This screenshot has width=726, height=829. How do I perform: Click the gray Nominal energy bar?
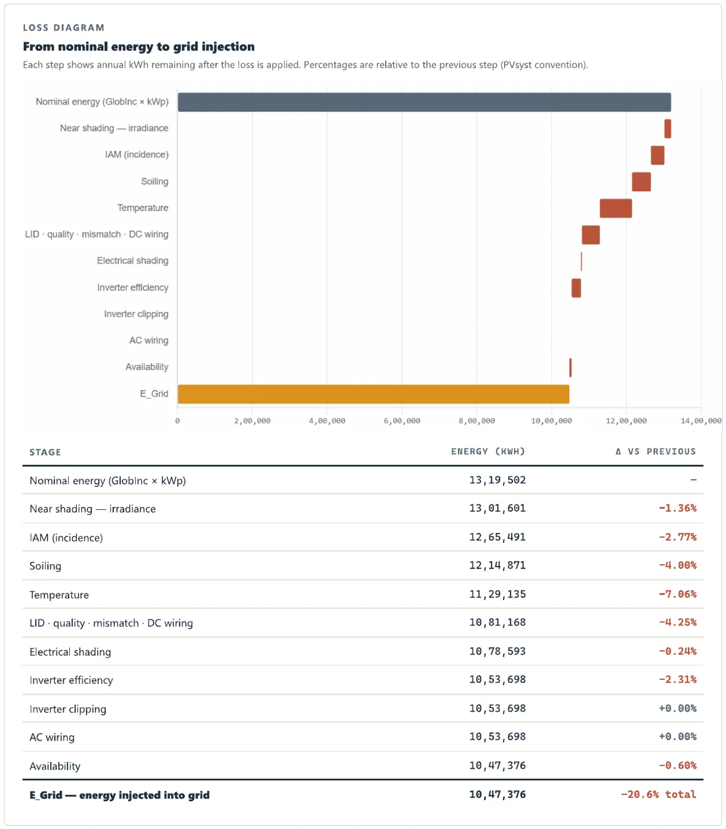(424, 102)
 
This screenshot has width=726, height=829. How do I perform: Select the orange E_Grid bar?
(373, 394)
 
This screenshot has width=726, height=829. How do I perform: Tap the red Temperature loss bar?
(615, 208)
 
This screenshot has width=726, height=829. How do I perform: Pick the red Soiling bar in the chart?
(641, 182)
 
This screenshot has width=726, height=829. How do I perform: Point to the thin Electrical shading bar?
(581, 262)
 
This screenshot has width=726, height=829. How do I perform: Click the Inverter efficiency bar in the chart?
(576, 288)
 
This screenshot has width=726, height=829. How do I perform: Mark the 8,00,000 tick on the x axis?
(476, 420)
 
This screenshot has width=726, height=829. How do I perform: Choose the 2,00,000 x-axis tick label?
(252, 420)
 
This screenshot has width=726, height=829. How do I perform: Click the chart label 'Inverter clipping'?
(136, 314)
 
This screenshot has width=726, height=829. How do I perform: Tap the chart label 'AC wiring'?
(149, 340)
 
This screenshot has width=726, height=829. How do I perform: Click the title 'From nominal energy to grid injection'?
(138, 47)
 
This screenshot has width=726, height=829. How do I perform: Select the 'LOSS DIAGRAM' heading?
(64, 28)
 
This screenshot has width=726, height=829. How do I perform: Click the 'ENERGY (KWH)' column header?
(488, 451)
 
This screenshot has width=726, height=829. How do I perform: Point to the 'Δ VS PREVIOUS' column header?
(656, 451)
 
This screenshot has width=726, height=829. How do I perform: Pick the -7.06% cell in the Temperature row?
(677, 594)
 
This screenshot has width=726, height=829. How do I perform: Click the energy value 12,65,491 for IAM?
(498, 537)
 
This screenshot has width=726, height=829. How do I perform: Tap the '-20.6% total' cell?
(659, 794)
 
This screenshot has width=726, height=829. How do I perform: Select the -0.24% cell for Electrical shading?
(677, 651)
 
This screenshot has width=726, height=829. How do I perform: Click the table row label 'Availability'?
(55, 766)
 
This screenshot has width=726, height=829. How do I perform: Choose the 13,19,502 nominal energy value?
(498, 480)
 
